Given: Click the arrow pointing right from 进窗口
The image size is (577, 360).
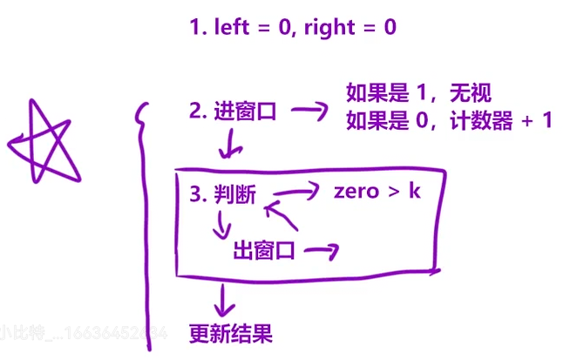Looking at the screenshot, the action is point(307,111).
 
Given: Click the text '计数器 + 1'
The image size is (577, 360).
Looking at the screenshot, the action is point(500,121).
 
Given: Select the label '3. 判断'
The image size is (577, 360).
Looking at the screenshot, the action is point(222,194).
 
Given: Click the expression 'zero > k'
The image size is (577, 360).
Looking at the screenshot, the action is point(377,191).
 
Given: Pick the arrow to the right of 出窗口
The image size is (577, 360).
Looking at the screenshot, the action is point(320,251).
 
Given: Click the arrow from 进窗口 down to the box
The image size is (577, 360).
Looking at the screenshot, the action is point(230,144).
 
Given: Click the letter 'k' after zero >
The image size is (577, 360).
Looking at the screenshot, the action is point(414,190).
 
